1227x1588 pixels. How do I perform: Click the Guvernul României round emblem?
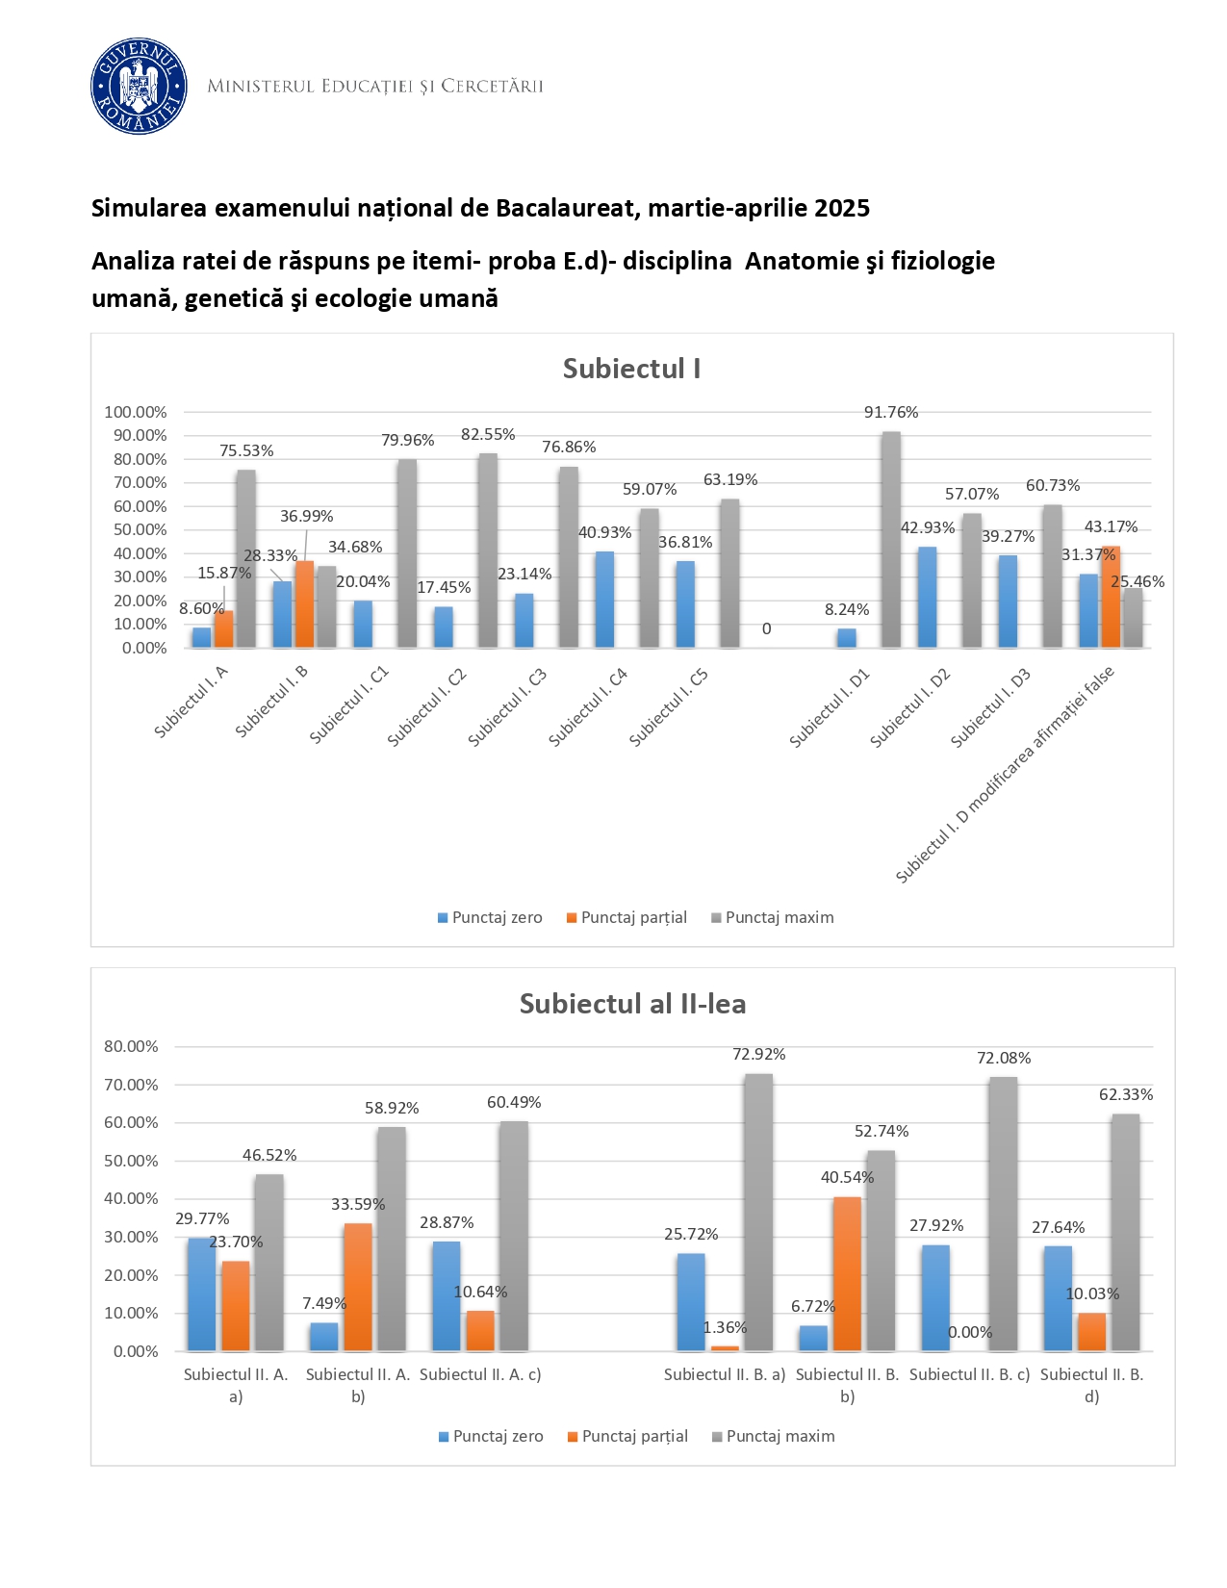pos(138,86)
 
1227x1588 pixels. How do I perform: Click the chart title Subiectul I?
pos(631,369)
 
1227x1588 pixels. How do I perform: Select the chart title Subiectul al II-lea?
pos(632,1004)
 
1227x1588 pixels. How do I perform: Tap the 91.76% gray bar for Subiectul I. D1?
pos(891,539)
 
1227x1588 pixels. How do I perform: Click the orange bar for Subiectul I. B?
pos(304,603)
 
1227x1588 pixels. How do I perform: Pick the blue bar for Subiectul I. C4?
pos(604,600)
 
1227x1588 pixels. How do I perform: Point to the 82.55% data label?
pos(488,435)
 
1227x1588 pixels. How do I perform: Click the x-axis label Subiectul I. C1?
pos(349,704)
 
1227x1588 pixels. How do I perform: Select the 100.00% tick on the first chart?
pos(136,412)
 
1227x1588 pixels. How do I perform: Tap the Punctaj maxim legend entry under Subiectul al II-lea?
pos(780,1436)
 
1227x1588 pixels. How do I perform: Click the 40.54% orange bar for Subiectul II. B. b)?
pos(847,1273)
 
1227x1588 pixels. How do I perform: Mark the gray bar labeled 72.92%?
pos(758,1212)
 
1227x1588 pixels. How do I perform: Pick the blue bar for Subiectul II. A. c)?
pos(447,1295)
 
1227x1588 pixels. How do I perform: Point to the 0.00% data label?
pos(970,1333)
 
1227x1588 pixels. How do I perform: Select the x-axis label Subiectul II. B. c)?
pos(969,1374)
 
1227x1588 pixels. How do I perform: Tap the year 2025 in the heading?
pos(841,208)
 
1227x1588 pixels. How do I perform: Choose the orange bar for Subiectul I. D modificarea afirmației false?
pos(1111,597)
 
